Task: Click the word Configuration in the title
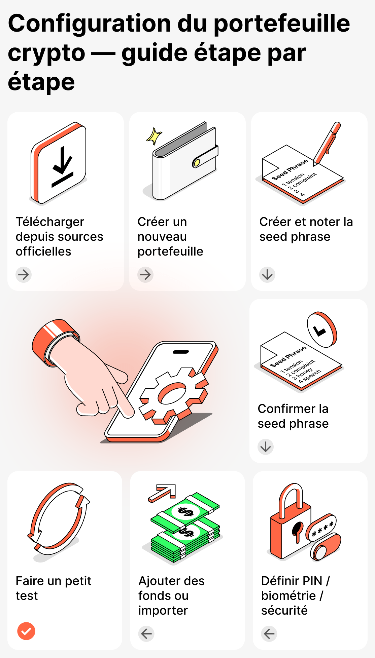[x=90, y=24]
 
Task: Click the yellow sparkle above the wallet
[x=154, y=136]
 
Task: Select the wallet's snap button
[x=196, y=163]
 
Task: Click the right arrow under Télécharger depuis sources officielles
[x=24, y=275]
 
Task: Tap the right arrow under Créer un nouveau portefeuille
[x=145, y=275]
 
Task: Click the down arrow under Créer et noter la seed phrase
[x=267, y=275]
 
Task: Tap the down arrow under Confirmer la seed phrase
[x=266, y=447]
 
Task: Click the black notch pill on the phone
[x=181, y=352]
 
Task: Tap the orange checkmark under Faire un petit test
[x=26, y=631]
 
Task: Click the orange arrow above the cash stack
[x=163, y=493]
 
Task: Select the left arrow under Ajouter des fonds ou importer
[x=146, y=634]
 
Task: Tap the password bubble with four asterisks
[x=322, y=527]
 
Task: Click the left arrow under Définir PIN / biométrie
[x=269, y=634]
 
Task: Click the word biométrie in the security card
[x=288, y=595]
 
